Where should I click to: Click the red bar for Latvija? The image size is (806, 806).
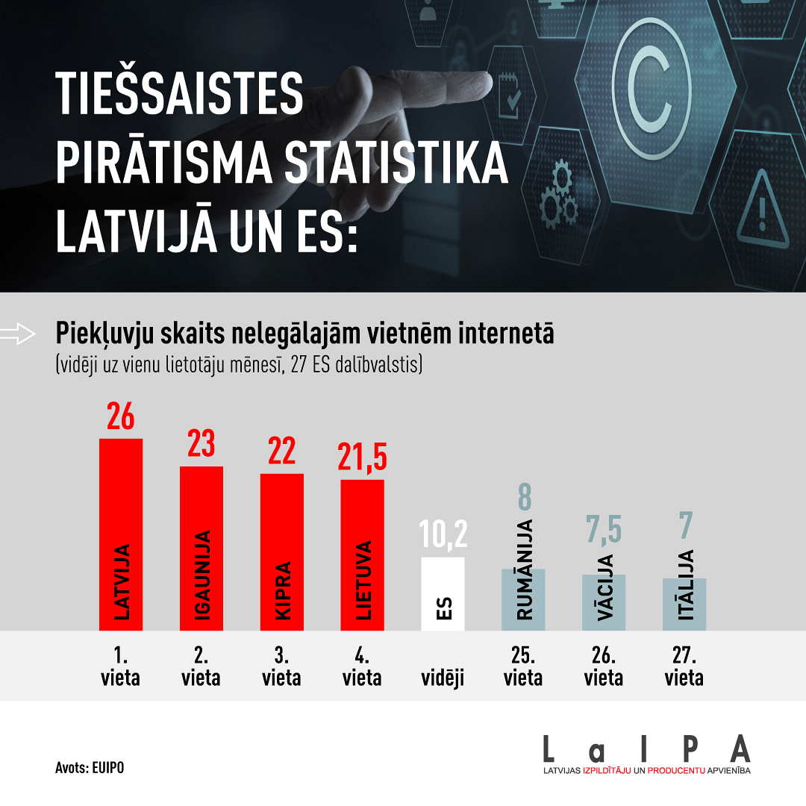pyautogui.click(x=121, y=534)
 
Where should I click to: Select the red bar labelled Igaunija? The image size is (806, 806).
pyautogui.click(x=201, y=549)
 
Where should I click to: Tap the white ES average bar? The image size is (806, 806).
pyautogui.click(x=443, y=594)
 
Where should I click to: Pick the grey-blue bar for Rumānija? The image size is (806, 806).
pyautogui.click(x=523, y=600)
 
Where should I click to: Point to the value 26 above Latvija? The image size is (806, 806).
pyautogui.click(x=120, y=416)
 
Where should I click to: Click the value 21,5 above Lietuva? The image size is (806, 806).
pyautogui.click(x=362, y=457)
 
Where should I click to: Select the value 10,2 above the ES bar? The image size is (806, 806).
pyautogui.click(x=443, y=535)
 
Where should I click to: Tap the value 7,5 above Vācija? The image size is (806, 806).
pyautogui.click(x=603, y=528)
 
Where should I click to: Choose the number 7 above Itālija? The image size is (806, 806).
pyautogui.click(x=684, y=525)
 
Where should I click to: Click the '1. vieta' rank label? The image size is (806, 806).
pyautogui.click(x=120, y=667)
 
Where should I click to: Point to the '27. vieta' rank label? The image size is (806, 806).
pyautogui.click(x=684, y=667)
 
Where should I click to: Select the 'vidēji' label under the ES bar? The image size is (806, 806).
pyautogui.click(x=443, y=678)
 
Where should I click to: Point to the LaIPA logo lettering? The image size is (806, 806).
pyautogui.click(x=646, y=749)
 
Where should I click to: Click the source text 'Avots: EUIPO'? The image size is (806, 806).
pyautogui.click(x=90, y=767)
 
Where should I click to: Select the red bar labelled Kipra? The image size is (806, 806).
pyautogui.click(x=282, y=552)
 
